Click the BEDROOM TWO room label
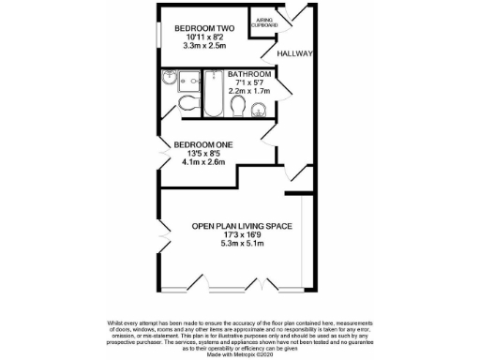[x=204, y=28]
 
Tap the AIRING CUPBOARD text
[x=262, y=23]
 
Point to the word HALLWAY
[x=292, y=53]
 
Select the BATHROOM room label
[x=249, y=74]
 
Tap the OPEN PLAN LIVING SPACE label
[x=243, y=226]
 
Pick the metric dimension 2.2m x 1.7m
[x=249, y=91]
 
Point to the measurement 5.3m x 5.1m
[x=243, y=244]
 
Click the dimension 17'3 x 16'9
[x=243, y=234]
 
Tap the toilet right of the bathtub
[x=238, y=110]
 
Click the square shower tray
[x=173, y=80]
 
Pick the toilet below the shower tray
[x=187, y=103]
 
